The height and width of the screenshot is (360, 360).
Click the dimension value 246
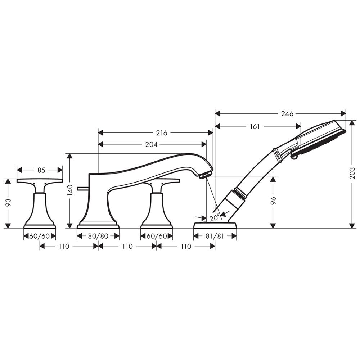click(x=287, y=114)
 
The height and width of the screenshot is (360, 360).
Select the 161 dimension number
click(x=255, y=126)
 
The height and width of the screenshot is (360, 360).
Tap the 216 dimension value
click(x=162, y=133)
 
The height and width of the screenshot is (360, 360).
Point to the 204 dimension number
click(x=151, y=144)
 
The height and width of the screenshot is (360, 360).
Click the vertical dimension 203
click(x=353, y=174)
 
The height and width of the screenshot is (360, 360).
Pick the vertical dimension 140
click(x=70, y=190)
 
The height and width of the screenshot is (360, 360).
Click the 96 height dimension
click(x=273, y=201)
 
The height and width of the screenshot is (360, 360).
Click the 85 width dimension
click(x=41, y=170)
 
